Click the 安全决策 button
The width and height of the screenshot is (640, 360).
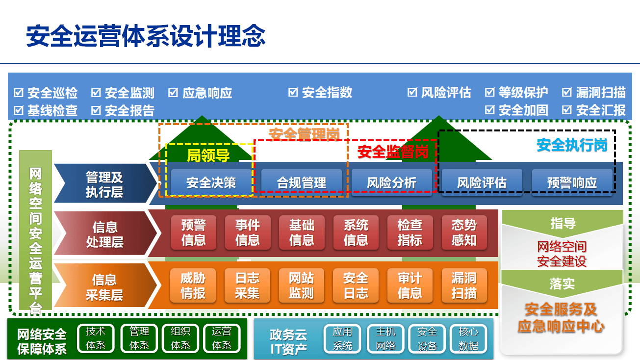(211, 182)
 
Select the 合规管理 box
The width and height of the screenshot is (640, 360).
(301, 182)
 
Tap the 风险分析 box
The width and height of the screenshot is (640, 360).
(391, 182)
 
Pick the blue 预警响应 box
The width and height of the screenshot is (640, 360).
(572, 182)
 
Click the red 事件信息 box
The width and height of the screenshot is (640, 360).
(247, 232)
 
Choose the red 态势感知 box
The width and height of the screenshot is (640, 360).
(464, 232)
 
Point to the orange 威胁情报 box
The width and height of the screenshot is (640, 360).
(193, 285)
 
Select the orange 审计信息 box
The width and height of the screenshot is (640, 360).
(410, 285)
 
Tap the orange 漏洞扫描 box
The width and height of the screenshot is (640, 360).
(464, 285)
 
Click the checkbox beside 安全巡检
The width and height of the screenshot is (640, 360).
(19, 92)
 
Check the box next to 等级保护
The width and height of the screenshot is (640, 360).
(490, 92)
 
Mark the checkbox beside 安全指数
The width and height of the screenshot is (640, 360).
(293, 92)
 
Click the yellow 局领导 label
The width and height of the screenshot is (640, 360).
(208, 155)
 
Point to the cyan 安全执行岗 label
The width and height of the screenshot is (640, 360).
(572, 145)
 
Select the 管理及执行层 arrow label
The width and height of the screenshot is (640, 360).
(104, 184)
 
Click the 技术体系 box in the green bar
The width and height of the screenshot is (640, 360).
(96, 338)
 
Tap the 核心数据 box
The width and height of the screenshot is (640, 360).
(468, 338)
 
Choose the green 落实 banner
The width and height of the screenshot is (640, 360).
(562, 284)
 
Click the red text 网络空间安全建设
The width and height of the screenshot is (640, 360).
(562, 254)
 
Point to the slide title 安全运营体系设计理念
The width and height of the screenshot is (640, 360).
(146, 36)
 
